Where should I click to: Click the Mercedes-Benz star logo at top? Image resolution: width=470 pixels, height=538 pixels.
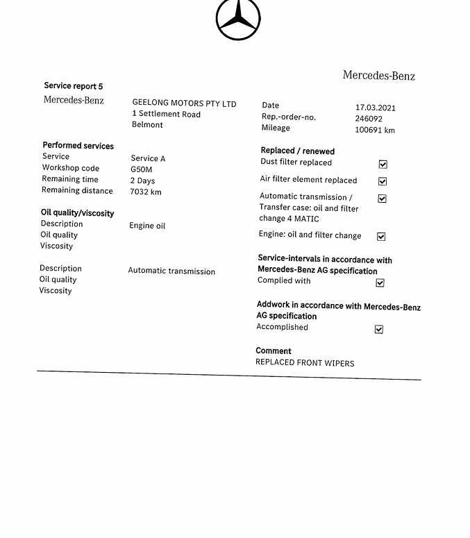click(x=238, y=19)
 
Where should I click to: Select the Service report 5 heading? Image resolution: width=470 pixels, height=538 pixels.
click(x=73, y=86)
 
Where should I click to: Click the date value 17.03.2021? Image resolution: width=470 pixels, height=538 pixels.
click(x=375, y=108)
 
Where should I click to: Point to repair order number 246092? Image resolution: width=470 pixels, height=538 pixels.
click(x=368, y=119)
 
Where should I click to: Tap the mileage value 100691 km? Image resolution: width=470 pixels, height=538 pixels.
click(x=374, y=130)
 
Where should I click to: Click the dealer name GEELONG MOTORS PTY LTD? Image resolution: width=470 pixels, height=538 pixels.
click(x=184, y=103)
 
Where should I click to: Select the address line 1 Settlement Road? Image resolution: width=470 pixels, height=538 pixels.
click(x=166, y=114)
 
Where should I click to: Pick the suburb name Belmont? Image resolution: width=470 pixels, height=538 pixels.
click(x=147, y=125)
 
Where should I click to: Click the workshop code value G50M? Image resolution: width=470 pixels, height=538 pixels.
click(x=141, y=169)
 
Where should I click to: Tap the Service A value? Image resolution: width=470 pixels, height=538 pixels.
click(x=148, y=158)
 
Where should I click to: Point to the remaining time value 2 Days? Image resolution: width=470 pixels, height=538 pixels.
click(x=142, y=180)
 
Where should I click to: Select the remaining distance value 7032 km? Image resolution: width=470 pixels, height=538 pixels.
click(x=145, y=192)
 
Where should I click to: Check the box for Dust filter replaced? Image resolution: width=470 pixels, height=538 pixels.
click(x=383, y=165)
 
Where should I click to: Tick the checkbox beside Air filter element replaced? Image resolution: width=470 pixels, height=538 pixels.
click(x=383, y=181)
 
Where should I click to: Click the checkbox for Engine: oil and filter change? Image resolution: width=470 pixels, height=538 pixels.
click(x=381, y=237)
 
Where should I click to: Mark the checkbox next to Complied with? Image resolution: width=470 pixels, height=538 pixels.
click(x=380, y=283)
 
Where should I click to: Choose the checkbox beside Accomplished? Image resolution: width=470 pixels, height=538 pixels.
click(x=379, y=329)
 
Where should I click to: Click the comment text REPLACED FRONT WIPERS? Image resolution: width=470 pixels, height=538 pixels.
click(x=305, y=363)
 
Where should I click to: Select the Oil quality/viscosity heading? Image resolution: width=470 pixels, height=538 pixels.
click(x=77, y=213)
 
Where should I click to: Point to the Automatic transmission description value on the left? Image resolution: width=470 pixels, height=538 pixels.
click(x=171, y=271)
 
